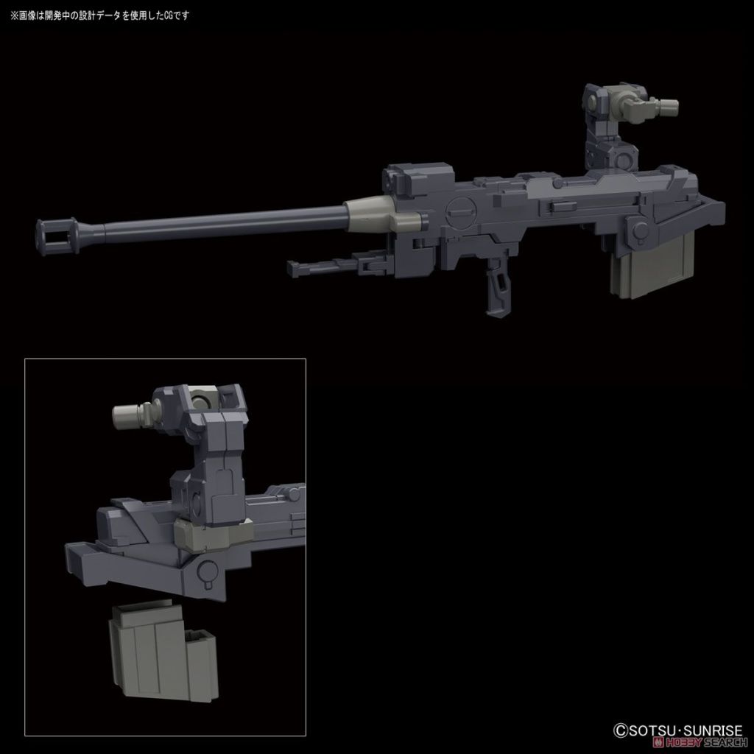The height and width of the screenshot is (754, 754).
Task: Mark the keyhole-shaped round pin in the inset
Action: tap(209, 570)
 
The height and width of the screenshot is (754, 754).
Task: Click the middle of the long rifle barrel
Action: tap(221, 221)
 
